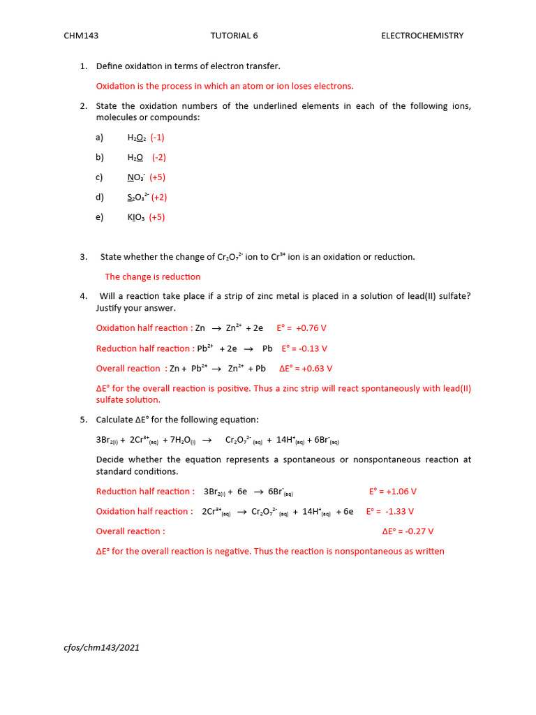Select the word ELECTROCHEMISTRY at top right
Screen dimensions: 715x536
pyautogui.click(x=422, y=36)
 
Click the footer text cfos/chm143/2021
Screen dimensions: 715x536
pyautogui.click(x=101, y=647)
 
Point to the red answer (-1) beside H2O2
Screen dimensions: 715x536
pyautogui.click(x=157, y=138)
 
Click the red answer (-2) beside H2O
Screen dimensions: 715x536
pyautogui.click(x=158, y=157)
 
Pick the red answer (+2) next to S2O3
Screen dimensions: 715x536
pyautogui.click(x=159, y=197)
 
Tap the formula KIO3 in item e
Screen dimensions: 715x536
pyautogui.click(x=135, y=217)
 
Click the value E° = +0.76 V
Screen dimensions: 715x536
pyautogui.click(x=301, y=328)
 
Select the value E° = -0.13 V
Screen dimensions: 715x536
pyautogui.click(x=304, y=348)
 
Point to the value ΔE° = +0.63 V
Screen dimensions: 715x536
pyautogui.click(x=306, y=369)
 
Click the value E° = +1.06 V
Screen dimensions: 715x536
pyautogui.click(x=392, y=492)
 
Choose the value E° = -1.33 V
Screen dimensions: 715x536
pyautogui.click(x=389, y=511)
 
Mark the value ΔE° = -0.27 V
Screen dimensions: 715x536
pyautogui.click(x=408, y=531)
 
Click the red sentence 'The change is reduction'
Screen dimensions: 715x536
pyautogui.click(x=152, y=277)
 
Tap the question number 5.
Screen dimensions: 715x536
pyautogui.click(x=83, y=420)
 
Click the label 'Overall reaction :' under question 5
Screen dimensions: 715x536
pyautogui.click(x=131, y=531)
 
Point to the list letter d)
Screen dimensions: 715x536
pyautogui.click(x=100, y=197)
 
